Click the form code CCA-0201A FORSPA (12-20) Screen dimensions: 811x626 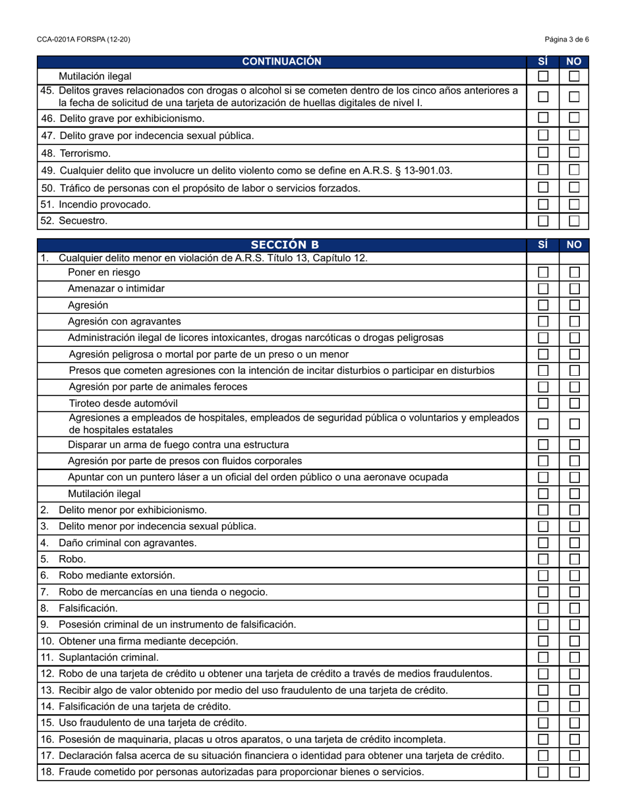[x=84, y=40]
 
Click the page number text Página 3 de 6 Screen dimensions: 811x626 [x=567, y=40]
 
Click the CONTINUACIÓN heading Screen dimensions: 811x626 [x=282, y=61]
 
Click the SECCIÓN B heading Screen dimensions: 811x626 [x=282, y=245]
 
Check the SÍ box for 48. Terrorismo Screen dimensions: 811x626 [x=543, y=153]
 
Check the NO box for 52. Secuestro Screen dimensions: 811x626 [x=575, y=221]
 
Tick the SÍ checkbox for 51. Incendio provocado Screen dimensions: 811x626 [x=543, y=204]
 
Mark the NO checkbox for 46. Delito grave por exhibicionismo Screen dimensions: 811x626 [x=575, y=118]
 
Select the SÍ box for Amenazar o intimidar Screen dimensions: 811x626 [x=543, y=289]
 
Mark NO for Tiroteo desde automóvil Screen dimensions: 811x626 [x=575, y=403]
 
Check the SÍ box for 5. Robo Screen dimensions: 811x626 [x=543, y=559]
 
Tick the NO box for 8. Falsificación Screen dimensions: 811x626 [x=575, y=608]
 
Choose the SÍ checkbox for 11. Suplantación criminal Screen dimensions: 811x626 [x=543, y=657]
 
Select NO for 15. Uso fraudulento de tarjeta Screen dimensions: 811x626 [x=575, y=723]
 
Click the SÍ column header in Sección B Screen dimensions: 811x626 [x=543, y=245]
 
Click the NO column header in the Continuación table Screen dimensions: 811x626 [x=575, y=61]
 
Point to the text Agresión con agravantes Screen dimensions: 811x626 [x=124, y=322]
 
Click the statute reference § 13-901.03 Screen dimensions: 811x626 [x=421, y=170]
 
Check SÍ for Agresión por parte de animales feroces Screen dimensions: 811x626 [x=543, y=387]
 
